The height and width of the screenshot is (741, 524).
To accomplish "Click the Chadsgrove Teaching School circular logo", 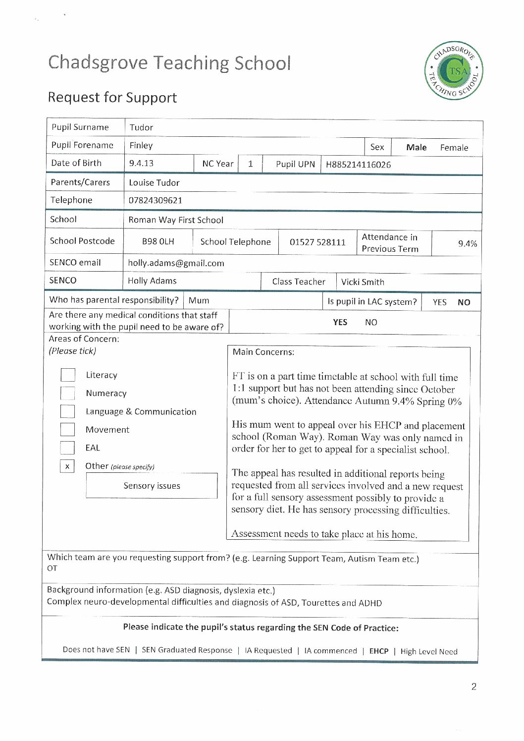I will coord(454,70).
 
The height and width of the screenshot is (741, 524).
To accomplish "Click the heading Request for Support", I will coord(112,97).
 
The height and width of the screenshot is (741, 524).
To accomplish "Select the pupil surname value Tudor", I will coord(141,127).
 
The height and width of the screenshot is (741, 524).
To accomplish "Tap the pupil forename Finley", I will coord(141,146).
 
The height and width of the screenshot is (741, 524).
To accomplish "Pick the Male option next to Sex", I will coord(416,147).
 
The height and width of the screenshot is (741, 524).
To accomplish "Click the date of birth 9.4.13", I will coord(141,163).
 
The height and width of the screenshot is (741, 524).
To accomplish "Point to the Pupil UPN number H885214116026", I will coord(358,165).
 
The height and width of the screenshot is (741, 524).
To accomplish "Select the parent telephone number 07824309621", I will coord(156,200).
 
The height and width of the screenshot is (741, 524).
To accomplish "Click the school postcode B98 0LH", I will coord(158,241).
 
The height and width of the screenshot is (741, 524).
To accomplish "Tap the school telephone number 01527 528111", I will coord(317,242).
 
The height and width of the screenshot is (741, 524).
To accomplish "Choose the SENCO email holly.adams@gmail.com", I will coord(176,263).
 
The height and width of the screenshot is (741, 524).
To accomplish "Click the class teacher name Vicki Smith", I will coord(363,282).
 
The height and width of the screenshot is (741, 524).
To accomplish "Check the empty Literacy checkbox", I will coord(68,375).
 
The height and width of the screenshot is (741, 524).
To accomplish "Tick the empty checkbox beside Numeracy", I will coord(68,394).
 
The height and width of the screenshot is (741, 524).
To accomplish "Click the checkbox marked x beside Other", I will coord(67,466).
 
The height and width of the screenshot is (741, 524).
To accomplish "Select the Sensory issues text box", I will coord(152,486).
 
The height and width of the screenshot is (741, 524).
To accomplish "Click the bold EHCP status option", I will coord(378,651).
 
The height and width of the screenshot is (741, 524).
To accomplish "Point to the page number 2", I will coord(473,686).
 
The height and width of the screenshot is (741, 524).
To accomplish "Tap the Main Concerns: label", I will coord(263,352).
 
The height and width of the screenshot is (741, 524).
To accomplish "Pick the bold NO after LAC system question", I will coord(464,302).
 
